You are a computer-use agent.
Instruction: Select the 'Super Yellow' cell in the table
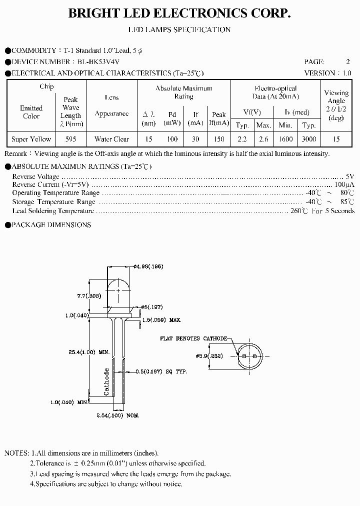31,139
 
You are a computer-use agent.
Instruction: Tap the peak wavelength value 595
71,139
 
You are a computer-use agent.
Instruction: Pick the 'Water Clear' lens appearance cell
111,139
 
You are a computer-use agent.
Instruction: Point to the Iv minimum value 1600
285,139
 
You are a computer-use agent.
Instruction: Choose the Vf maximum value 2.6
263,139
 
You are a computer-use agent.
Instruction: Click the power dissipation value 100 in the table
172,139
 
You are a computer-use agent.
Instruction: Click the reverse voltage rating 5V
349,176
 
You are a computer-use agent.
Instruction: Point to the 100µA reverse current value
344,184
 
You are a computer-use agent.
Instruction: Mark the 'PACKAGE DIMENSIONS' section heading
50,225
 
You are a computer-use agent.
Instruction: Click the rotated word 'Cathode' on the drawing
106,382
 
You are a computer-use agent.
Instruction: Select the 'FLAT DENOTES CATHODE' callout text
193,338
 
